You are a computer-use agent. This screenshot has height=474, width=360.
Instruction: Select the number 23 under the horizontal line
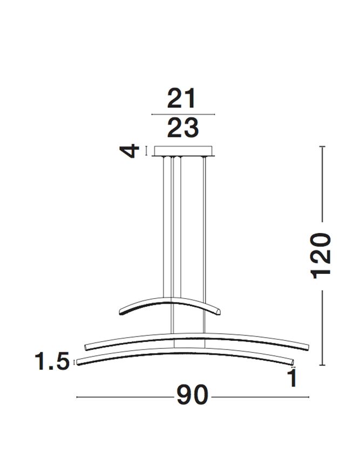point(182,128)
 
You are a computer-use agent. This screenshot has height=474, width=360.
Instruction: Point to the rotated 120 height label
point(322,255)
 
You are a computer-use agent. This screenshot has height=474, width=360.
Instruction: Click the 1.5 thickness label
point(52,361)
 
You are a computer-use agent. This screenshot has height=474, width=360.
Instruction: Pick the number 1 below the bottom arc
point(293,379)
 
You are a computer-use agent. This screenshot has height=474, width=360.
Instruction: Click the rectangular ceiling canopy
point(184,150)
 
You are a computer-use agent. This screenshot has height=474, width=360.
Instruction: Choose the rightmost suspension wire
point(205,226)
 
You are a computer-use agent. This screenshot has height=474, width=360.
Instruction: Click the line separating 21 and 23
point(184,114)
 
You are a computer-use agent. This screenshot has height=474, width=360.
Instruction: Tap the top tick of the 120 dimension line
point(322,146)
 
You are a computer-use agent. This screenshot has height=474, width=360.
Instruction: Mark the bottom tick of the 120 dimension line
point(322,366)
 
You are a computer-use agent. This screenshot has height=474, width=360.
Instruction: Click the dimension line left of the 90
point(124,397)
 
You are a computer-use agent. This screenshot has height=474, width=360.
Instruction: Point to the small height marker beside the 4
point(146,150)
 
